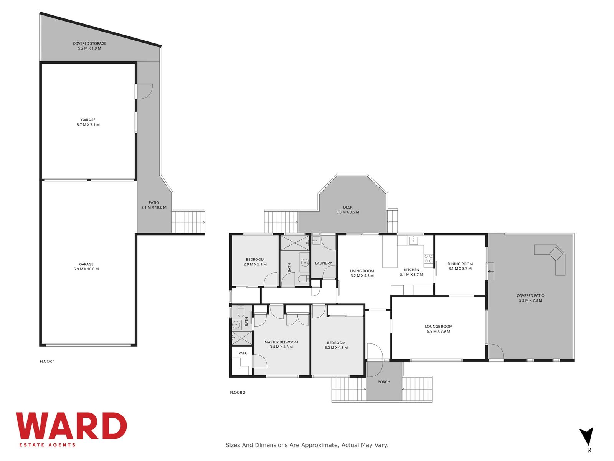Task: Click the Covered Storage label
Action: point(89,43)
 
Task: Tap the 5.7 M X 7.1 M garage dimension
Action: point(88,125)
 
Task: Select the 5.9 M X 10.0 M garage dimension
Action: point(86,269)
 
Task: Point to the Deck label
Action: point(348,207)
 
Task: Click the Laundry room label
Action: point(324,263)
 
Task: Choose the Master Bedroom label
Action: point(281,342)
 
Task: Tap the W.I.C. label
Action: point(243,353)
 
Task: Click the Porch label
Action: point(384,382)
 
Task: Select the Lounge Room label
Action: point(438,327)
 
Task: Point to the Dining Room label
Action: point(460,264)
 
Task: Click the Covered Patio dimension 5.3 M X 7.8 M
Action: point(530,300)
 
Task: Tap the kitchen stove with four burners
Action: point(428,259)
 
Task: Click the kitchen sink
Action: point(413,240)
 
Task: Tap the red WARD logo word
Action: point(71,426)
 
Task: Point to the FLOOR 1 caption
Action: point(47,361)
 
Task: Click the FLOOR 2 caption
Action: point(238,392)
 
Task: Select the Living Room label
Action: point(362,271)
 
